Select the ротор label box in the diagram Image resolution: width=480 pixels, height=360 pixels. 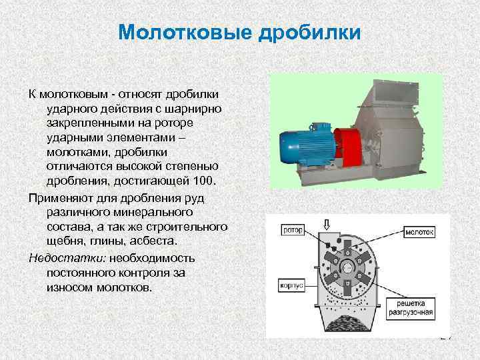[293, 231]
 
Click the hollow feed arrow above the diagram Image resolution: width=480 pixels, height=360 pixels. [326, 224]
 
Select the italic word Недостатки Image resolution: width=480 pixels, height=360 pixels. [57, 257]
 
